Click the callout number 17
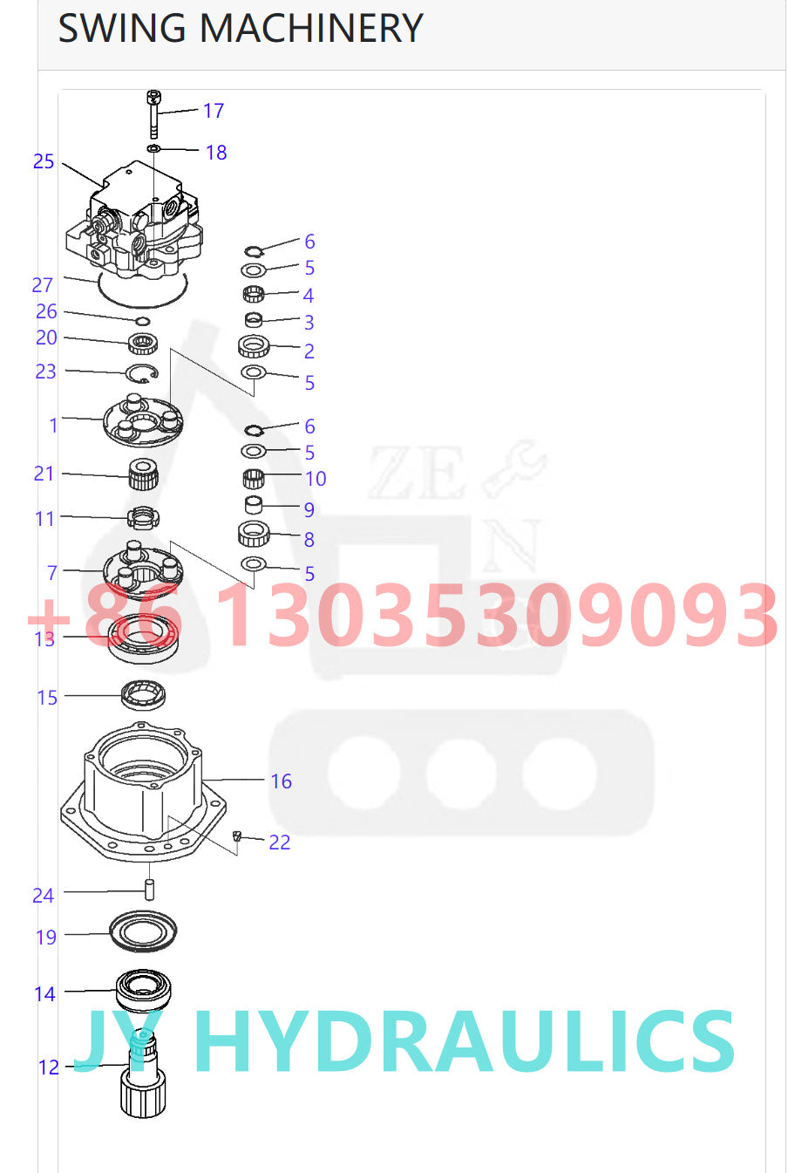coord(214,111)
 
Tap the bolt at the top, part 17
coord(153,114)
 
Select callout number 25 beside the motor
coord(44,161)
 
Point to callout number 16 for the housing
coord(281,781)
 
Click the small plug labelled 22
coord(235,837)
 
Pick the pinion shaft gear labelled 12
coord(142,1078)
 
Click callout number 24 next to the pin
coord(44,896)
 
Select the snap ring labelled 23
coord(142,374)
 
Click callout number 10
coord(316,479)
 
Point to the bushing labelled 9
coord(253,504)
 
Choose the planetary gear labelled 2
coord(253,346)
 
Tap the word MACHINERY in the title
coord(311,28)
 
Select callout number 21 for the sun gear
coord(44,474)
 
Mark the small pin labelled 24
coord(149,890)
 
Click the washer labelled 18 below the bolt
coord(153,149)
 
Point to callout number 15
coord(47,698)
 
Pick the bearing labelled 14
coord(144,989)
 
